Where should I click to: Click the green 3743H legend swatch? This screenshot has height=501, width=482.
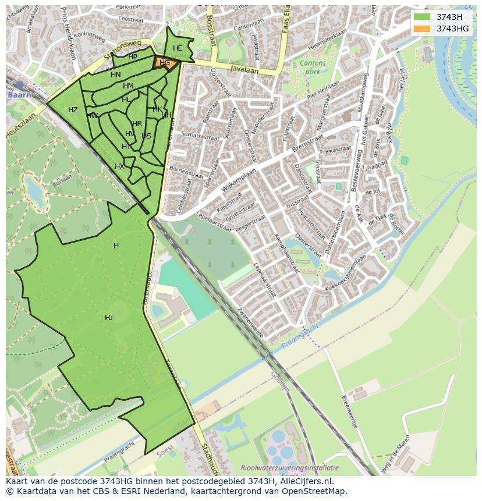422,17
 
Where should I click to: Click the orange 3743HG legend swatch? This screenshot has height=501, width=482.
422,29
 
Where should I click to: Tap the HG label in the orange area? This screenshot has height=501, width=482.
165,63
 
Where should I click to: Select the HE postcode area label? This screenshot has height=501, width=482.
178,48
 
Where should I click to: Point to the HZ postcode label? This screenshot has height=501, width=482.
73,110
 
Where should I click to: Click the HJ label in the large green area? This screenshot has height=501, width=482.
109,317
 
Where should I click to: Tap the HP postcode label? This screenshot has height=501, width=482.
133,57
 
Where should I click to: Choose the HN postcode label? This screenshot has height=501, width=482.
116,75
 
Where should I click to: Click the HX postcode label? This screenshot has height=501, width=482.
119,166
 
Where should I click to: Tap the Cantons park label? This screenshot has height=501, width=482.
313,67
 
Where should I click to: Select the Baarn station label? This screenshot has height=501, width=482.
17,94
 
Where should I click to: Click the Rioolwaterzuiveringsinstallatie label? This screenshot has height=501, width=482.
289,467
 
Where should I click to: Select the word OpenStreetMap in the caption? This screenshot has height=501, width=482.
317,491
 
